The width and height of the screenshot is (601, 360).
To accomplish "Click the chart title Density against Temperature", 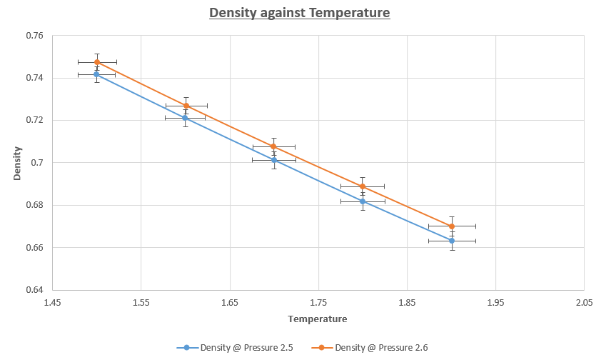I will pyautogui.click(x=300, y=13).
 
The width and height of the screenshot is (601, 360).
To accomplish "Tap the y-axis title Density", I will pyautogui.click(x=17, y=163).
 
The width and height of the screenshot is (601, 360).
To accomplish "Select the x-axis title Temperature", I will pyautogui.click(x=318, y=319).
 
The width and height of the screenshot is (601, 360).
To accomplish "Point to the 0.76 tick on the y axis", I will pyautogui.click(x=34, y=36).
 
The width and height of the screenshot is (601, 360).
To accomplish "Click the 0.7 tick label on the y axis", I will pyautogui.click(x=37, y=163).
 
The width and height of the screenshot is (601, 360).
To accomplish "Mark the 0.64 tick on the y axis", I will pyautogui.click(x=34, y=290).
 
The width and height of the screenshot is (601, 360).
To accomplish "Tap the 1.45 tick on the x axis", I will pyautogui.click(x=52, y=303).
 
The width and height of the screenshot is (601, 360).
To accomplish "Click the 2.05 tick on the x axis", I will pyautogui.click(x=585, y=303).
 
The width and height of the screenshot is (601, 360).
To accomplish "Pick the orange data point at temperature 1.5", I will pyautogui.click(x=97, y=62).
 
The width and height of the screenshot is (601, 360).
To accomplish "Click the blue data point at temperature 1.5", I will pyautogui.click(x=96, y=74).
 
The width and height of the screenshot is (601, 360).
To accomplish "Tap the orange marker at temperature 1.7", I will pyautogui.click(x=273, y=146).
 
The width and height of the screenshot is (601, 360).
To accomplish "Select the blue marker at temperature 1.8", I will pyautogui.click(x=363, y=201).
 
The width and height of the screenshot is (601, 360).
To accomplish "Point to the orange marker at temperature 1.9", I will pyautogui.click(x=452, y=226).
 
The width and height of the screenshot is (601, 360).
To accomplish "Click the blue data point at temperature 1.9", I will pyautogui.click(x=452, y=241).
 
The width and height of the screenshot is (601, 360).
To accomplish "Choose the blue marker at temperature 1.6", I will pyautogui.click(x=185, y=118).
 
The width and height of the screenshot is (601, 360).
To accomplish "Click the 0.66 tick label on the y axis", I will pyautogui.click(x=34, y=248).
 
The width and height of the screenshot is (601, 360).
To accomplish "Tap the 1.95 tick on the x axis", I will pyautogui.click(x=495, y=303).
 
